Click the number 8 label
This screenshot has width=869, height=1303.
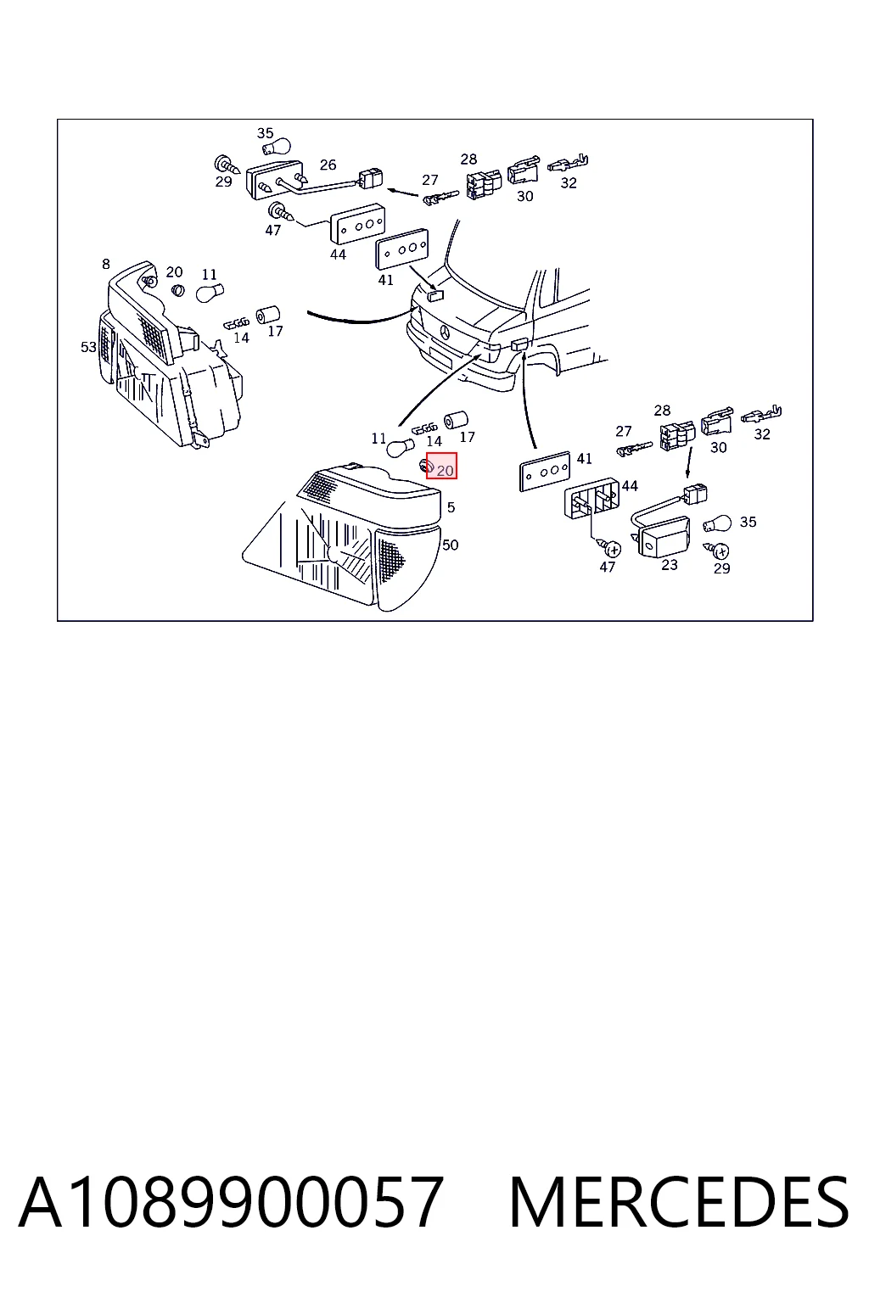click(x=105, y=264)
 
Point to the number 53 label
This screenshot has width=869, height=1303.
click(x=88, y=347)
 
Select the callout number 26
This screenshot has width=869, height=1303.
click(x=328, y=165)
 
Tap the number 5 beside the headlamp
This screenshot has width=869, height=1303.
click(x=451, y=507)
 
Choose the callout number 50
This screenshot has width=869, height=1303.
click(x=450, y=545)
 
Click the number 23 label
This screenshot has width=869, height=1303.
click(x=670, y=565)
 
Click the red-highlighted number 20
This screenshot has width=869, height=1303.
click(x=445, y=471)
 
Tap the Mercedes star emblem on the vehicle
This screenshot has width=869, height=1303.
click(x=444, y=333)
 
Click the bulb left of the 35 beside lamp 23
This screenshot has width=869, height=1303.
click(x=718, y=523)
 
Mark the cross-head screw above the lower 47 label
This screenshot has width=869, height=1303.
click(x=611, y=547)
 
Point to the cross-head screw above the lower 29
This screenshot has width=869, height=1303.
click(x=719, y=549)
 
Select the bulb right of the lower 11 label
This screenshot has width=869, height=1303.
click(x=401, y=448)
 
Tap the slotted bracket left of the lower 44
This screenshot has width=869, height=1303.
click(x=591, y=497)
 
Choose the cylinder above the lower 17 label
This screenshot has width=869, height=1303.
click(x=457, y=420)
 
